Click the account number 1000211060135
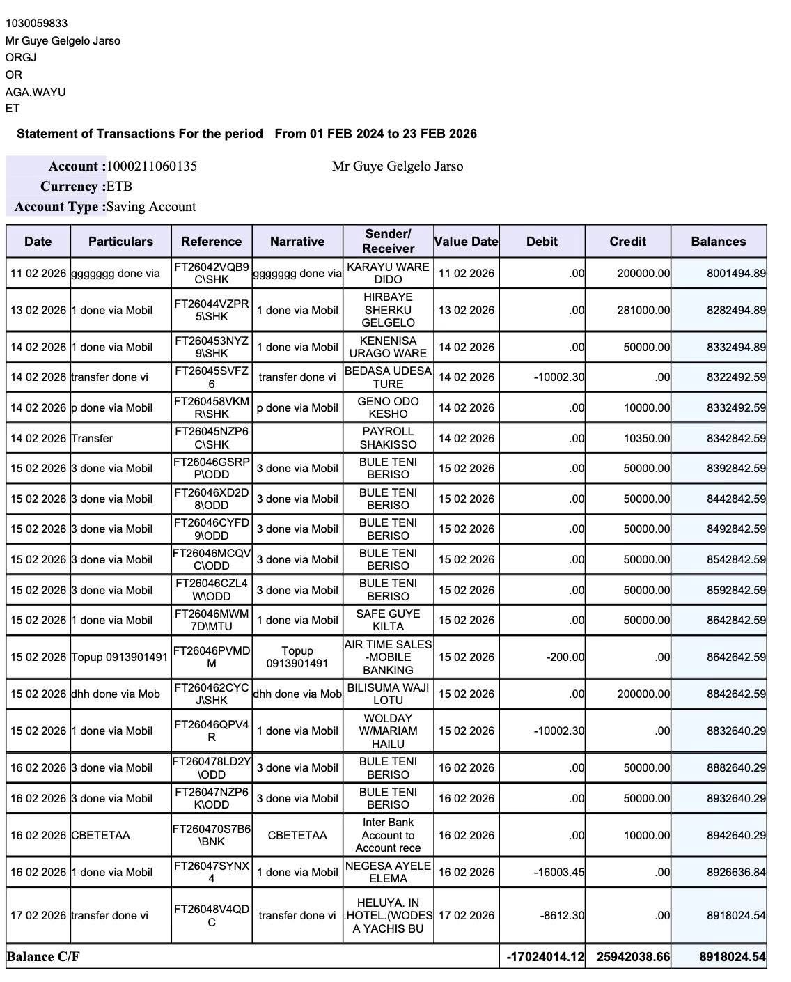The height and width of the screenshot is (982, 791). (152, 166)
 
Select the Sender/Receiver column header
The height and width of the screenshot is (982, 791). (388, 241)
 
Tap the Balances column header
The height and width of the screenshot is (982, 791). (718, 242)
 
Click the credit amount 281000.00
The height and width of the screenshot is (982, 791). (643, 310)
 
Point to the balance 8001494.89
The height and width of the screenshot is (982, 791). (736, 274)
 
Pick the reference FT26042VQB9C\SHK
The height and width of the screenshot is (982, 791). (212, 273)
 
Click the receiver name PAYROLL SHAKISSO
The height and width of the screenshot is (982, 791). (388, 438)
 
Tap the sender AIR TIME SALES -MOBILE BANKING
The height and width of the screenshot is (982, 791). (388, 657)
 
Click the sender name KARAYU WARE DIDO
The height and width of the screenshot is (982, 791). (388, 273)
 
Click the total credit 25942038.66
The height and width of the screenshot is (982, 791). (633, 957)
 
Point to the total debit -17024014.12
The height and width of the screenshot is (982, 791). (546, 957)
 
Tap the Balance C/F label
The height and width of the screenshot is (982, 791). (43, 957)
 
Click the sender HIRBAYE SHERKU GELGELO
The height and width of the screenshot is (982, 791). (388, 310)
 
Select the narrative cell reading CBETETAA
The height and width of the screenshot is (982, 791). (297, 835)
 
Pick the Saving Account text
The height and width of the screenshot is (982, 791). (151, 207)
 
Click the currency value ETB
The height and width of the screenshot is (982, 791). (119, 187)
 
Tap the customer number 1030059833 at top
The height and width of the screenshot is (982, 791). (37, 24)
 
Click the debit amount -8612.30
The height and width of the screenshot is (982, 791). (562, 915)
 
